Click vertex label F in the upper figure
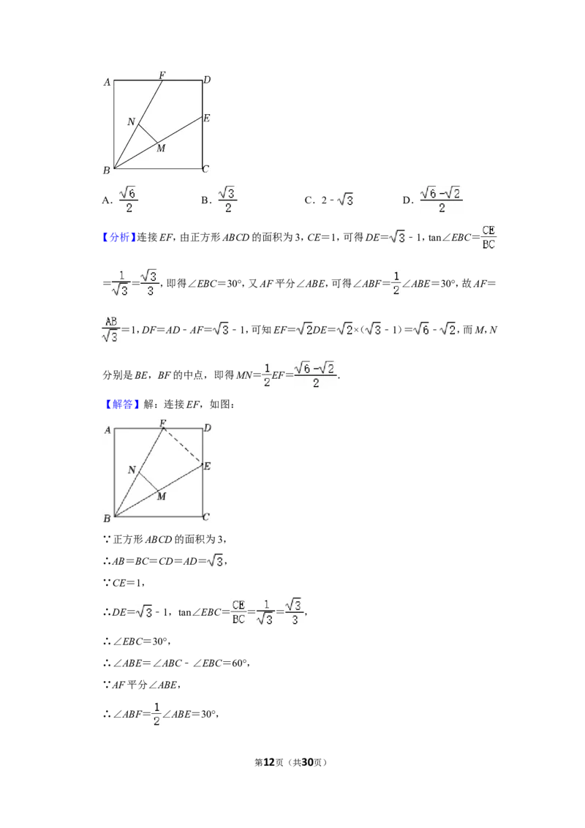[x=162, y=75]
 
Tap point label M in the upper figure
[x=161, y=148]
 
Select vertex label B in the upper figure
[x=107, y=170]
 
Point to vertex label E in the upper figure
[x=206, y=118]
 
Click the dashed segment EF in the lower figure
[x=184, y=446]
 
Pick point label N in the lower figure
[x=132, y=470]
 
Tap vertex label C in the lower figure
[x=206, y=517]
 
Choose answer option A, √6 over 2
[x=121, y=200]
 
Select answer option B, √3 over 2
[x=219, y=200]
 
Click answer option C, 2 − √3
[x=328, y=200]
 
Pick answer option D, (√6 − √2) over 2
[x=432, y=200]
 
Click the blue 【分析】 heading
[x=119, y=238]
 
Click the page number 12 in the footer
[x=269, y=762]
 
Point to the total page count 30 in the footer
[x=307, y=762]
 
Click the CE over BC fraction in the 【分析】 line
[x=488, y=238]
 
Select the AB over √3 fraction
[x=110, y=329]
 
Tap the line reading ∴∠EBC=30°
[x=137, y=641]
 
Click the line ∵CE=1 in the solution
[x=124, y=583]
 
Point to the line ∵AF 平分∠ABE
[x=142, y=685]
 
